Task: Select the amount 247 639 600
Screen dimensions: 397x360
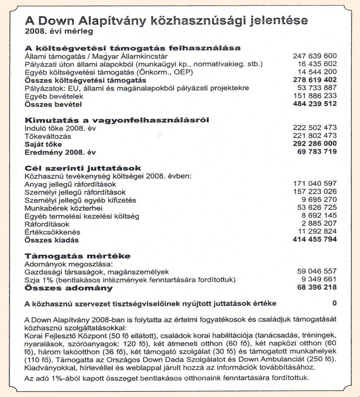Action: click(x=315, y=56)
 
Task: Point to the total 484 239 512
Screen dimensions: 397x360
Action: click(x=315, y=104)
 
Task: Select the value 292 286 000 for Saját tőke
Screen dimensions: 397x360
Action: click(x=315, y=144)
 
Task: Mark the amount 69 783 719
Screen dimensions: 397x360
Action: click(x=317, y=152)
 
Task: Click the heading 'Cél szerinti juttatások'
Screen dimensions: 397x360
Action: click(x=83, y=168)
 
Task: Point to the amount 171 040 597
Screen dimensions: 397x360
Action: click(x=315, y=184)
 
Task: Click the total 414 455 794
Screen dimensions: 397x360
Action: click(x=315, y=240)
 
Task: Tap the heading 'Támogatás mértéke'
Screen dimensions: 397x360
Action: click(x=77, y=256)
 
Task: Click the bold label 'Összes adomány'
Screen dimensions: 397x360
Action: click(x=68, y=288)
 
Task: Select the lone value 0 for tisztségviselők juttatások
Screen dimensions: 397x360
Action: click(x=334, y=303)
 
